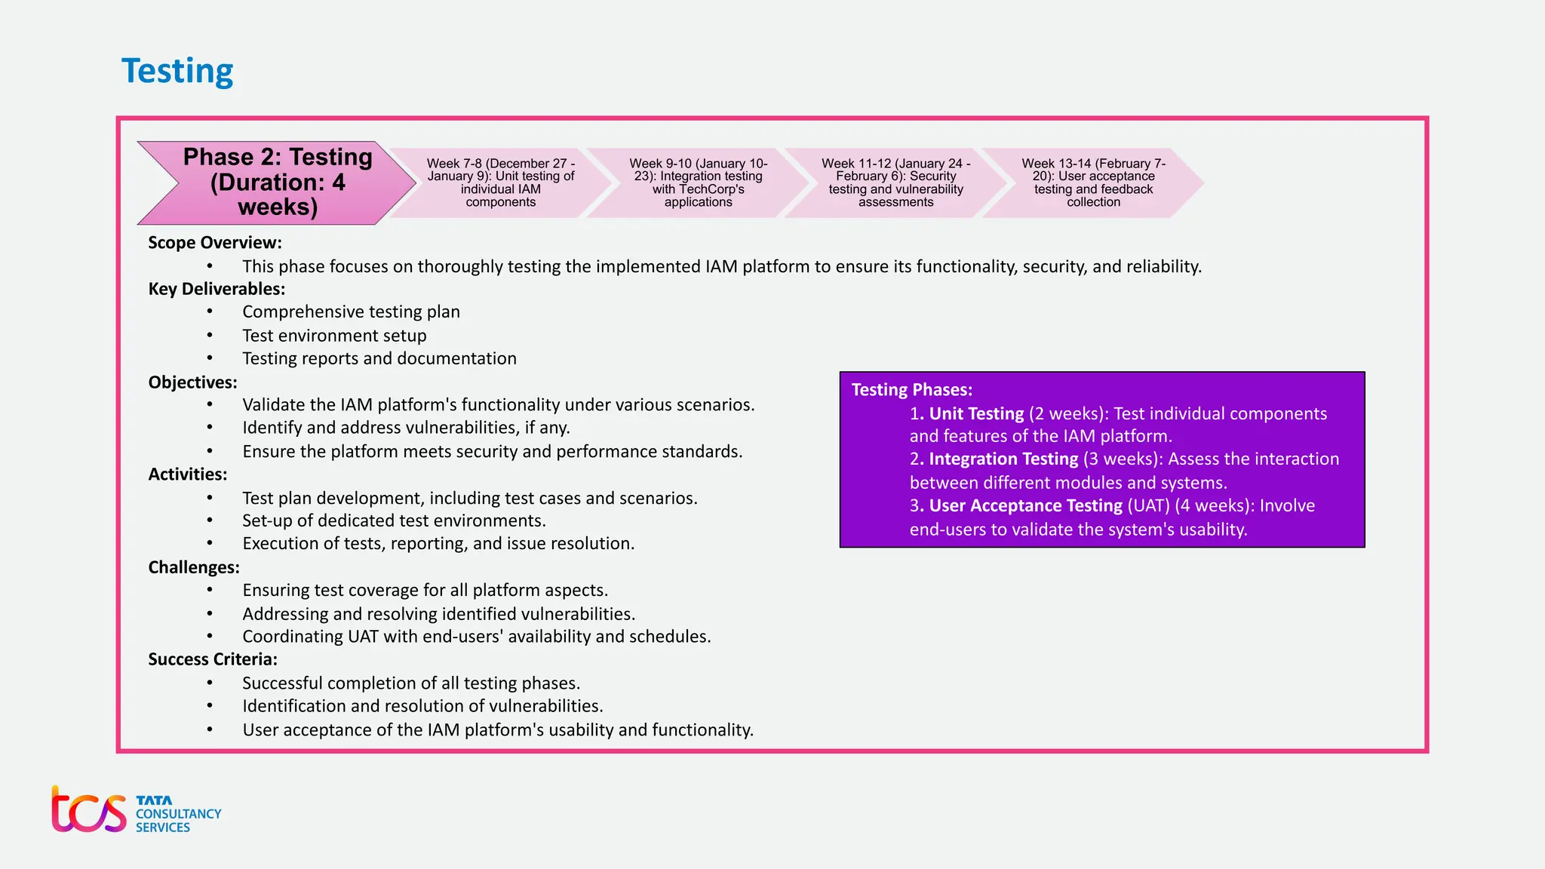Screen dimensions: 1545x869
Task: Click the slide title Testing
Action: coord(177,71)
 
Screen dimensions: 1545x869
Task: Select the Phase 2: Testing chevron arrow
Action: coord(278,183)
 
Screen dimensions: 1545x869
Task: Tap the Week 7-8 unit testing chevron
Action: coord(501,183)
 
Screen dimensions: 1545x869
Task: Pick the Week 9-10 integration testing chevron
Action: coord(698,183)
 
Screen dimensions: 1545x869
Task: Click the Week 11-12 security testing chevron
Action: coord(895,183)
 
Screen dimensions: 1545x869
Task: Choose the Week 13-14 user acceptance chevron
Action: coord(1093,183)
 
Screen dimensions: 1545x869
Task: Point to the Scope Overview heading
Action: coord(215,243)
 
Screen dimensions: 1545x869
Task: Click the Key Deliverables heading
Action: coord(217,289)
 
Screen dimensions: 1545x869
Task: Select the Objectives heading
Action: coord(192,382)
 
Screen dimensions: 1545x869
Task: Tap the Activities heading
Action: coord(188,474)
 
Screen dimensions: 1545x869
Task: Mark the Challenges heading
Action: coord(194,567)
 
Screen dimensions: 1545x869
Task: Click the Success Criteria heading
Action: coord(213,659)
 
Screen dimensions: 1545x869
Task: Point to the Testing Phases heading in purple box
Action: coord(912,390)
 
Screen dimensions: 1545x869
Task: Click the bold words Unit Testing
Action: coord(976,413)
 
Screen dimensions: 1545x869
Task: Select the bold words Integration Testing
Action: coord(1003,459)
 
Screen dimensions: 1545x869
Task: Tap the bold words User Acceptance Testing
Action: coord(1026,505)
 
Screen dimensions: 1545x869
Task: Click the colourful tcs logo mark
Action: coord(89,811)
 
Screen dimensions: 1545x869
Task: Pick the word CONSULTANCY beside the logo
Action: coord(179,814)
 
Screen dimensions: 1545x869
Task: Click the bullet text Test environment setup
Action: coord(334,336)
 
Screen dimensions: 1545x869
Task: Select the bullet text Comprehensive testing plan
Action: coord(351,312)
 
